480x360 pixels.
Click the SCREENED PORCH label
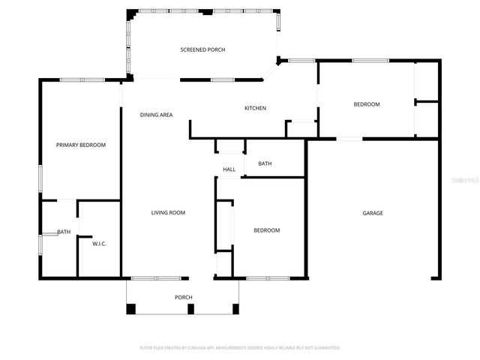[202, 50]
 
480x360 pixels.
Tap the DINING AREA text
[157, 115]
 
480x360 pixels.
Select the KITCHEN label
[255, 109]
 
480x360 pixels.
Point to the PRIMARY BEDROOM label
[81, 145]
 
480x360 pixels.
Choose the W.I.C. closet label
[99, 244]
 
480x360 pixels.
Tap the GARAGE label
[373, 214]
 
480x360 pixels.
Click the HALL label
[229, 169]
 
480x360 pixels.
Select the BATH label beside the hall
[265, 163]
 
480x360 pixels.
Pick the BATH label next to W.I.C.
[64, 232]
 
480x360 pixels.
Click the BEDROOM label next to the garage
[266, 230]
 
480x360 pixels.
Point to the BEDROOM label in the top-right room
[367, 104]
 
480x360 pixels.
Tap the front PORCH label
[184, 298]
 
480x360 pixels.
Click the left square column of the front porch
[131, 308]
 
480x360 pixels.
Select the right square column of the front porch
[235, 308]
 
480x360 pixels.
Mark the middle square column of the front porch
[190, 308]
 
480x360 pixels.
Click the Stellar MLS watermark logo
[464, 180]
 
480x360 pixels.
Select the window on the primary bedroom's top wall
[82, 80]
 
